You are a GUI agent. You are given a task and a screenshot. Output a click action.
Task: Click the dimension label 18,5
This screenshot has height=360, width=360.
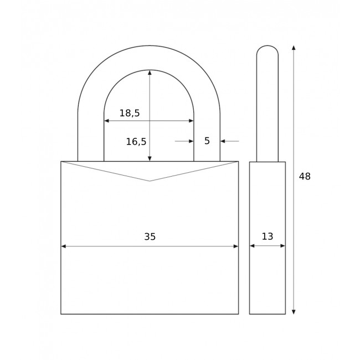[x=130, y=114]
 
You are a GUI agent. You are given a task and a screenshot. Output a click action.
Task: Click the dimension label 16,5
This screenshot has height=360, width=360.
[x=136, y=142]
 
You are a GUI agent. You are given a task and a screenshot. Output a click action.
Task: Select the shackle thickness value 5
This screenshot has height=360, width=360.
[x=207, y=141]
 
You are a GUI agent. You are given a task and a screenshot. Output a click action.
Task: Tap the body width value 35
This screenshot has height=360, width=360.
[x=150, y=237]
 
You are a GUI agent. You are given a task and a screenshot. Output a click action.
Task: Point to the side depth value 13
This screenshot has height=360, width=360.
[x=268, y=236]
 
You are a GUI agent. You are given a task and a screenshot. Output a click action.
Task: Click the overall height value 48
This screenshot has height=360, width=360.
[x=305, y=177]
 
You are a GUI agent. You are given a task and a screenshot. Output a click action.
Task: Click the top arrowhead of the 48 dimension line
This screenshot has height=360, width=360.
[x=294, y=48]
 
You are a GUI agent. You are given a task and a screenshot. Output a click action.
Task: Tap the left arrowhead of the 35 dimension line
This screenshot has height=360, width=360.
[x=64, y=246]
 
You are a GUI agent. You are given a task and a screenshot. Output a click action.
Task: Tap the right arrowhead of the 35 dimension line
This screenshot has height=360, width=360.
[x=235, y=246]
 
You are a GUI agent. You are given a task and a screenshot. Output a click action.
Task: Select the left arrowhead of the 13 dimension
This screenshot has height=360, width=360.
[x=252, y=246]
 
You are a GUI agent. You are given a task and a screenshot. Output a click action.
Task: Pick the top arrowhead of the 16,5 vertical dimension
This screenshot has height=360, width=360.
[x=150, y=73]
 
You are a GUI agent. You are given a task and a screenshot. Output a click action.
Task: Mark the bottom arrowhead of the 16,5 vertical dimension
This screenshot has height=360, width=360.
[x=150, y=158]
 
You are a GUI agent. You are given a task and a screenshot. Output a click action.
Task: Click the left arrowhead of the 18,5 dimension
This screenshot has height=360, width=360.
[x=107, y=121]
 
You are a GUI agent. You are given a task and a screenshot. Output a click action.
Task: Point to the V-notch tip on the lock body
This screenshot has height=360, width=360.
[x=150, y=181]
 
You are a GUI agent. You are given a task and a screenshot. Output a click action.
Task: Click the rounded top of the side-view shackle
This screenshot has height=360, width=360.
[x=268, y=47]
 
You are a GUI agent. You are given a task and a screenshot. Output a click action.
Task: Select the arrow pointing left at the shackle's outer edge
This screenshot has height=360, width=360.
[x=223, y=141]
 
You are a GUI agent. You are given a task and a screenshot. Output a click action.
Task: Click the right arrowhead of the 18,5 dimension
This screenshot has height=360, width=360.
[x=191, y=121]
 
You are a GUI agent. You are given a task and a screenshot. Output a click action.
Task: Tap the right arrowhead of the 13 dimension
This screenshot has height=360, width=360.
[x=282, y=246]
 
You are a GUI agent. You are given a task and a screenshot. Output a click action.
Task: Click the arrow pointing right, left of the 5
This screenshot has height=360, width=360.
[x=191, y=141]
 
